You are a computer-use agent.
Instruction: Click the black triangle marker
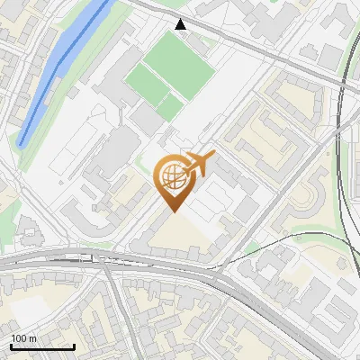(181, 24)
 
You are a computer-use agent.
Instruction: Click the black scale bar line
(41, 346)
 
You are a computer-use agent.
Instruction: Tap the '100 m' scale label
(24, 338)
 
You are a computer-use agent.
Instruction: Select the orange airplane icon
(198, 163)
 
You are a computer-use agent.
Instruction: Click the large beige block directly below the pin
(180, 236)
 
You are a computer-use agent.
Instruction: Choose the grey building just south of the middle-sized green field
(144, 117)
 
